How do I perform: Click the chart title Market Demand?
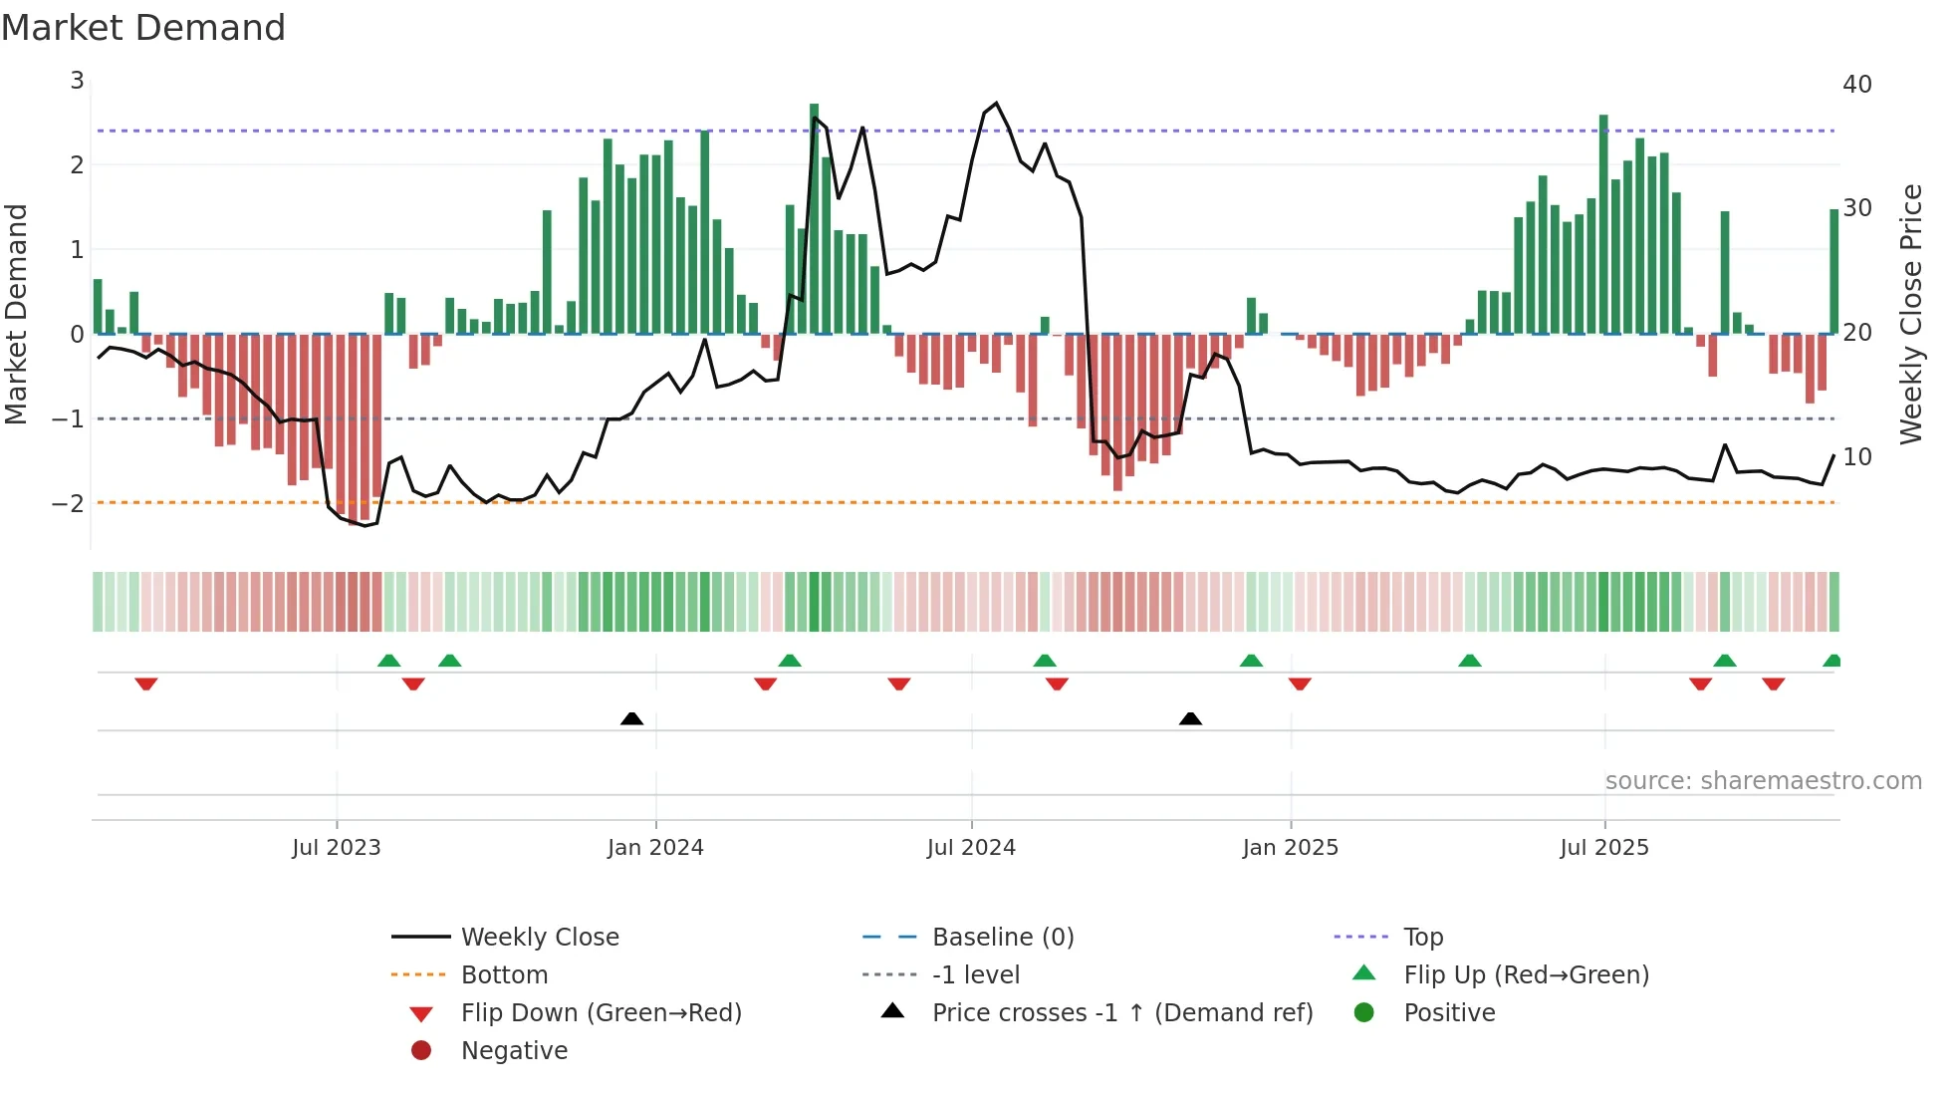[143, 28]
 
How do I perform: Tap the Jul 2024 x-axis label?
[971, 848]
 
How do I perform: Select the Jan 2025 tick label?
[1290, 848]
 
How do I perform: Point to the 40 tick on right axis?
[1856, 85]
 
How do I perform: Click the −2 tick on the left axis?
[68, 503]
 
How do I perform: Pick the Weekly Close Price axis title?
[1910, 314]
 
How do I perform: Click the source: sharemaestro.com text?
[1763, 781]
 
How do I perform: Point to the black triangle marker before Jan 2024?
[631, 718]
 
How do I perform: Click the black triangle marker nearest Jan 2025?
[1190, 718]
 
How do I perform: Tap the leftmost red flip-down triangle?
[146, 684]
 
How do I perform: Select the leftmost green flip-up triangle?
[389, 661]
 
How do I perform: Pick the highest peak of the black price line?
[996, 103]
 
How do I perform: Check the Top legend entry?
[1422, 938]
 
